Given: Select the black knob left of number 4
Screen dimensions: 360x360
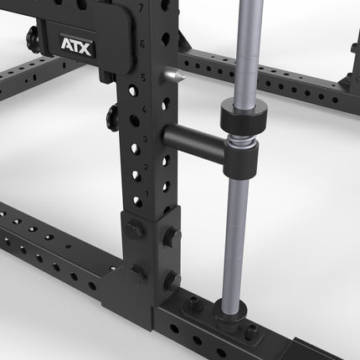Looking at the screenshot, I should (x=112, y=112).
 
